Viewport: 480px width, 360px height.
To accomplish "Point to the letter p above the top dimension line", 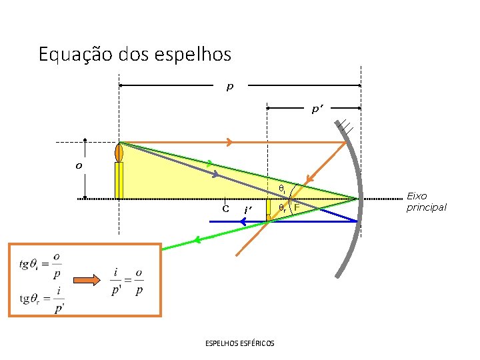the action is [x=230, y=87].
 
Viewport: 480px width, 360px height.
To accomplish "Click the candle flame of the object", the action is [x=119, y=152].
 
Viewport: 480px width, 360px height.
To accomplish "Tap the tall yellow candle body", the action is [x=119, y=180].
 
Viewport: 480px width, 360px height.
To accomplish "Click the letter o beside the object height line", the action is [x=79, y=166].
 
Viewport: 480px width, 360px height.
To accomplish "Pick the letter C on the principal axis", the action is [x=226, y=208].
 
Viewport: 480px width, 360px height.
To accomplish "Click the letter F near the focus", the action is [x=297, y=208].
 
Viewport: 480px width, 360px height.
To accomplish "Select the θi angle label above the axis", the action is [x=281, y=189].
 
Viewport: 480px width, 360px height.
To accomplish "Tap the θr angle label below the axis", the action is [x=282, y=208].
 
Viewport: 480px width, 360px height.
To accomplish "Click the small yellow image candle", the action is [x=268, y=209].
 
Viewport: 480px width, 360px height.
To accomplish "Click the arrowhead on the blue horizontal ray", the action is [x=245, y=221].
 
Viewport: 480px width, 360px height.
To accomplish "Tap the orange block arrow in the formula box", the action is [x=85, y=281].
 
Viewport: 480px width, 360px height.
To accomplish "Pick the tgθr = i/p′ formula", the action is [x=42, y=300].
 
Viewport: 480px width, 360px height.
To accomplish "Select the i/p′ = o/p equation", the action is [x=127, y=282].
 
